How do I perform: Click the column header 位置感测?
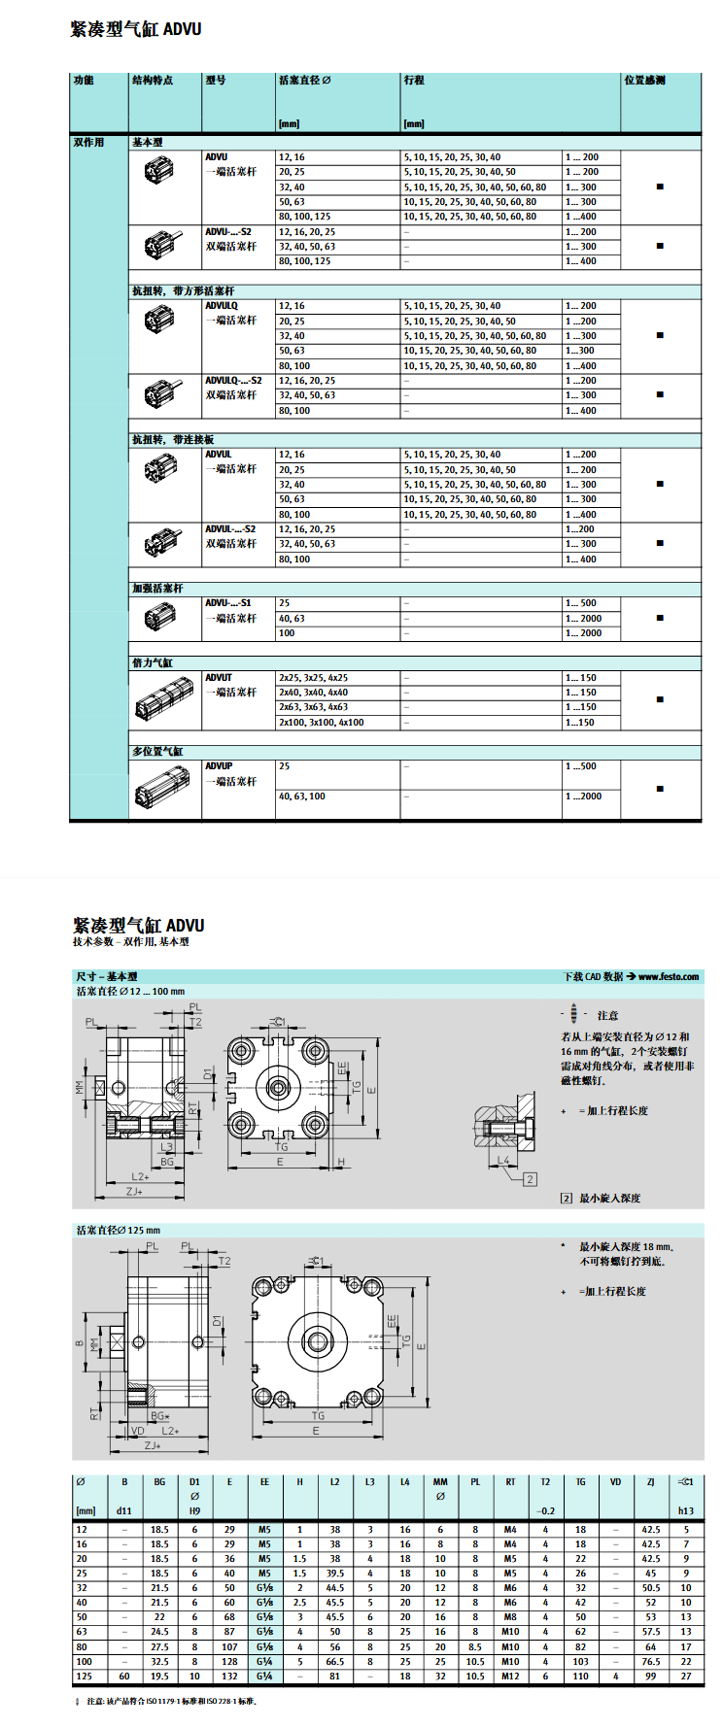(644, 81)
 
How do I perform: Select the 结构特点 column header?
(153, 81)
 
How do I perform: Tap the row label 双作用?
(88, 143)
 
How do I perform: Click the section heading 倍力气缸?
(153, 663)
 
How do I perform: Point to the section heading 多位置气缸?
(157, 752)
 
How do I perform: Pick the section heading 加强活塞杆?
(157, 589)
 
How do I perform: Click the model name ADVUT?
(219, 678)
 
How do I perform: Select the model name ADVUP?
(219, 766)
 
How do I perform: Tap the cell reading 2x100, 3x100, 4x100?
(322, 723)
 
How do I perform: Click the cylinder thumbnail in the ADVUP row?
(163, 788)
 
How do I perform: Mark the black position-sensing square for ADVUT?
(661, 699)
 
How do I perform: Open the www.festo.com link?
(669, 977)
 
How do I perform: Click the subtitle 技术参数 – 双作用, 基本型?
(131, 942)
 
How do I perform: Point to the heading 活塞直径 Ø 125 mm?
(119, 1231)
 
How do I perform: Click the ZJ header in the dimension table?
(650, 1482)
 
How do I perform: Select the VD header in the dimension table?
(615, 1482)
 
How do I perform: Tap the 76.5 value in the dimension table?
(650, 1662)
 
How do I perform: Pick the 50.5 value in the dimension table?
(650, 1588)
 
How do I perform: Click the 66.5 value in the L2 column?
(334, 1662)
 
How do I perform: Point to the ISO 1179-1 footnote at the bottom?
(171, 1701)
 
